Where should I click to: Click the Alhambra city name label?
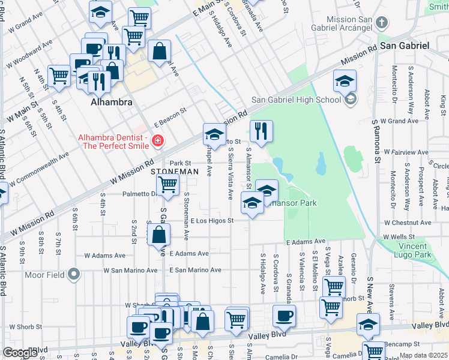coord(111,103)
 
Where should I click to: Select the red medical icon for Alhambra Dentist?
coord(157,142)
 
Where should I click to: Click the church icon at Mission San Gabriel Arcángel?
coord(381,23)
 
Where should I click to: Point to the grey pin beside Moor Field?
coord(74,275)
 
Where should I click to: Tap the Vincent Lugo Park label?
coord(423,250)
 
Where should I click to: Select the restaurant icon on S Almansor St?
coord(261,131)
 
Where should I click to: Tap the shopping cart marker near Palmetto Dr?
coord(167,185)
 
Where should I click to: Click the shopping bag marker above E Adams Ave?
coord(159,235)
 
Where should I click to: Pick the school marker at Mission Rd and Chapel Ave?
coord(214,133)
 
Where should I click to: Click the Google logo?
coord(20,353)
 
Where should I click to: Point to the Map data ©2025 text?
coord(423,355)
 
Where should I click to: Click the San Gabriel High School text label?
coord(295,100)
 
